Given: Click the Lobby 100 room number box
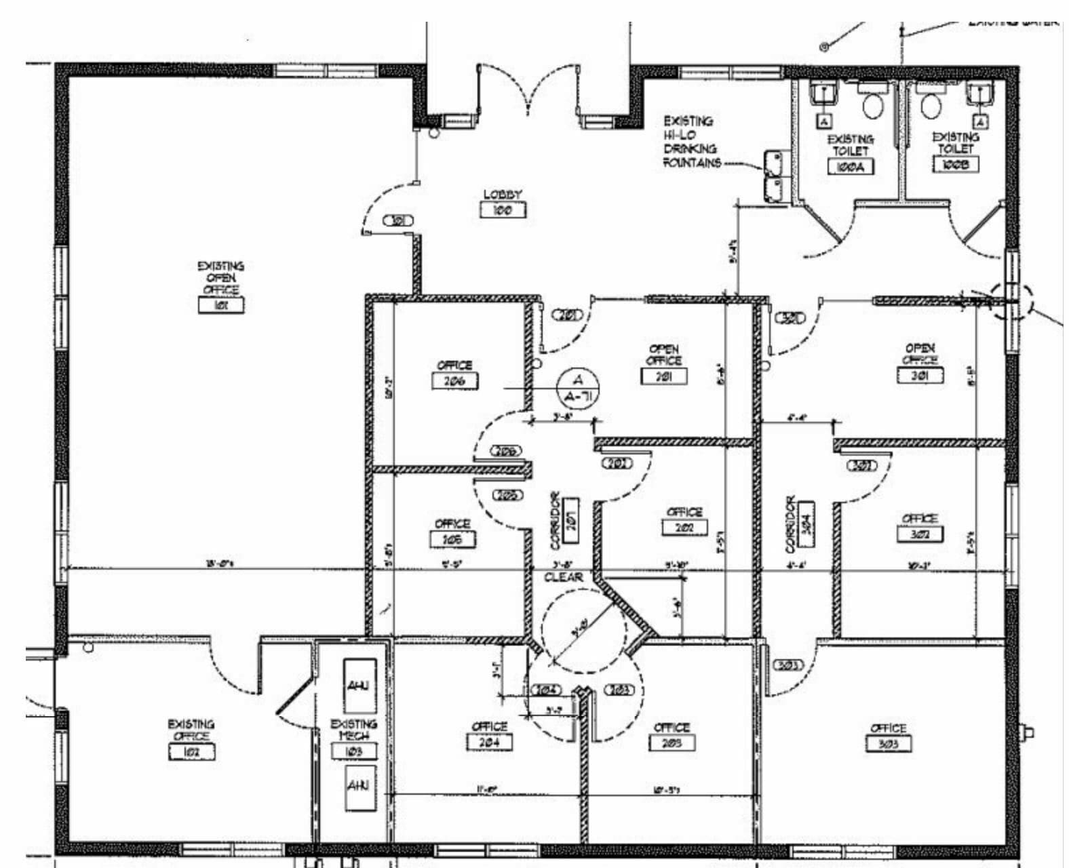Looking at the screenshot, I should pyautogui.click(x=503, y=210).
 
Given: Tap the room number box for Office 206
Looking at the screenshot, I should pyautogui.click(x=454, y=381).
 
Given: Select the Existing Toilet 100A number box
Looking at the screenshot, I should pyautogui.click(x=851, y=167).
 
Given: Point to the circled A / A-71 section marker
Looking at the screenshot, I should pyautogui.click(x=578, y=387).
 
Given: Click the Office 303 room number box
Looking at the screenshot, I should pyautogui.click(x=889, y=744).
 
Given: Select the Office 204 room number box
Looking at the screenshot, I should pyautogui.click(x=490, y=742).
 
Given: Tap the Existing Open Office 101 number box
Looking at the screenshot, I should pyautogui.click(x=221, y=304).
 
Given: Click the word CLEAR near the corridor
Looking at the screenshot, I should pyautogui.click(x=563, y=577).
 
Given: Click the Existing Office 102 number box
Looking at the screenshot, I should pyautogui.click(x=192, y=751).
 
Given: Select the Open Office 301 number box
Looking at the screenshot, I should pyautogui.click(x=920, y=375).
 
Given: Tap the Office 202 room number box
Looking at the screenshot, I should pyautogui.click(x=684, y=527).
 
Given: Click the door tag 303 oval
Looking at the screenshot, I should pyautogui.click(x=788, y=665).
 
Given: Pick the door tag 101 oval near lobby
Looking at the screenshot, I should pyautogui.click(x=399, y=220).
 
